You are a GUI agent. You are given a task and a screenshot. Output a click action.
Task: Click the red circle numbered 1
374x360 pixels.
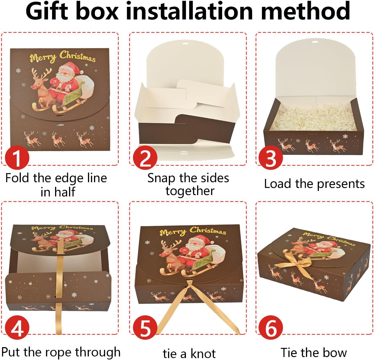click(17, 158)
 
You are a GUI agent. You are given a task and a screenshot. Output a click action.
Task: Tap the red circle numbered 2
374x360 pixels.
click(145, 158)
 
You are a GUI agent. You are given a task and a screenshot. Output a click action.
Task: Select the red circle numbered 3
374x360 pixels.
click(271, 158)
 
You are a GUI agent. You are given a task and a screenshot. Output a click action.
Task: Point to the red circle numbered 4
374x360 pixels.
click(17, 328)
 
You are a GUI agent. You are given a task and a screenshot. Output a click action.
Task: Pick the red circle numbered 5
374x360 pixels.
click(145, 328)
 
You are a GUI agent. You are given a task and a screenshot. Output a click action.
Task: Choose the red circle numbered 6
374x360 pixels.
click(271, 328)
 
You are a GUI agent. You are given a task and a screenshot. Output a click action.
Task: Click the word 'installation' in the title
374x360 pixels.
click(189, 11)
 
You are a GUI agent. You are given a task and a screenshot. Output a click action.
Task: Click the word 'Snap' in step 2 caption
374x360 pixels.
click(161, 179)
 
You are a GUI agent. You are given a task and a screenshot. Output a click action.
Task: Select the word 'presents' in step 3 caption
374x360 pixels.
click(341, 184)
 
